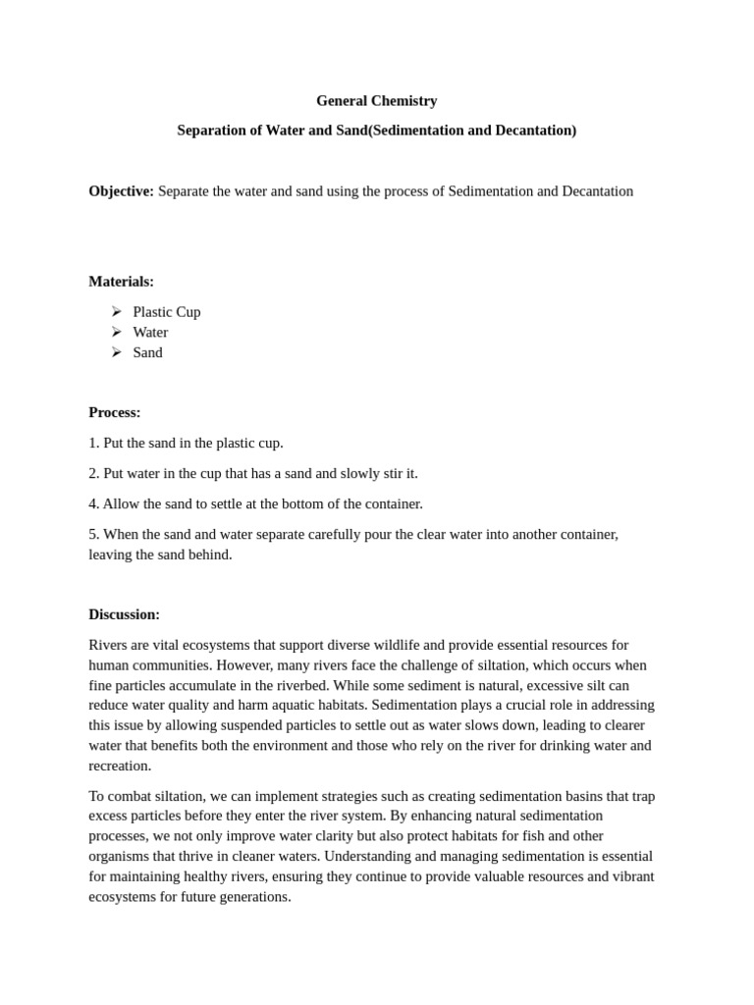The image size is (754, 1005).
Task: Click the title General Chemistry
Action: coord(376,100)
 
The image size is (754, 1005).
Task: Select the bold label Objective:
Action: coord(121,190)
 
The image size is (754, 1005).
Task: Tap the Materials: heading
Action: coord(121,281)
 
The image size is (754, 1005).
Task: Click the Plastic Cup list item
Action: coord(166,311)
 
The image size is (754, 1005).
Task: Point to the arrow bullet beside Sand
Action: coord(117,352)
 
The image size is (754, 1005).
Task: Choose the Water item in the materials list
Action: coord(150,332)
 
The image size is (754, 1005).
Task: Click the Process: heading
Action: coord(115,412)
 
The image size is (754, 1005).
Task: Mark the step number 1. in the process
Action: coord(94,443)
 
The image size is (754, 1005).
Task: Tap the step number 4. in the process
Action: coord(94,503)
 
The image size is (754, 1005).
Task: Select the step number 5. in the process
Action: coord(94,534)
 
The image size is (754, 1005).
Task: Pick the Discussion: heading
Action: coord(124,614)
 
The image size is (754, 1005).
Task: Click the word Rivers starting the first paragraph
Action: coord(109,645)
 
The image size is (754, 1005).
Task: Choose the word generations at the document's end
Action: coord(254,897)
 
